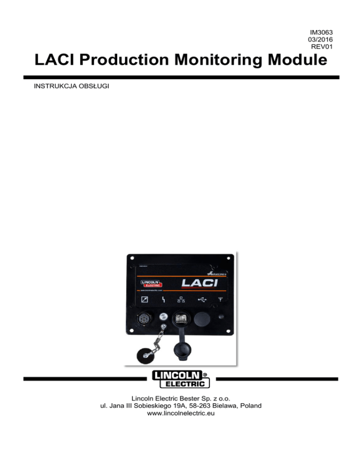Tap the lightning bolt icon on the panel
coord(162,299)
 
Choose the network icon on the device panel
coord(181,299)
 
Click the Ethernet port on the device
coord(180,320)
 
